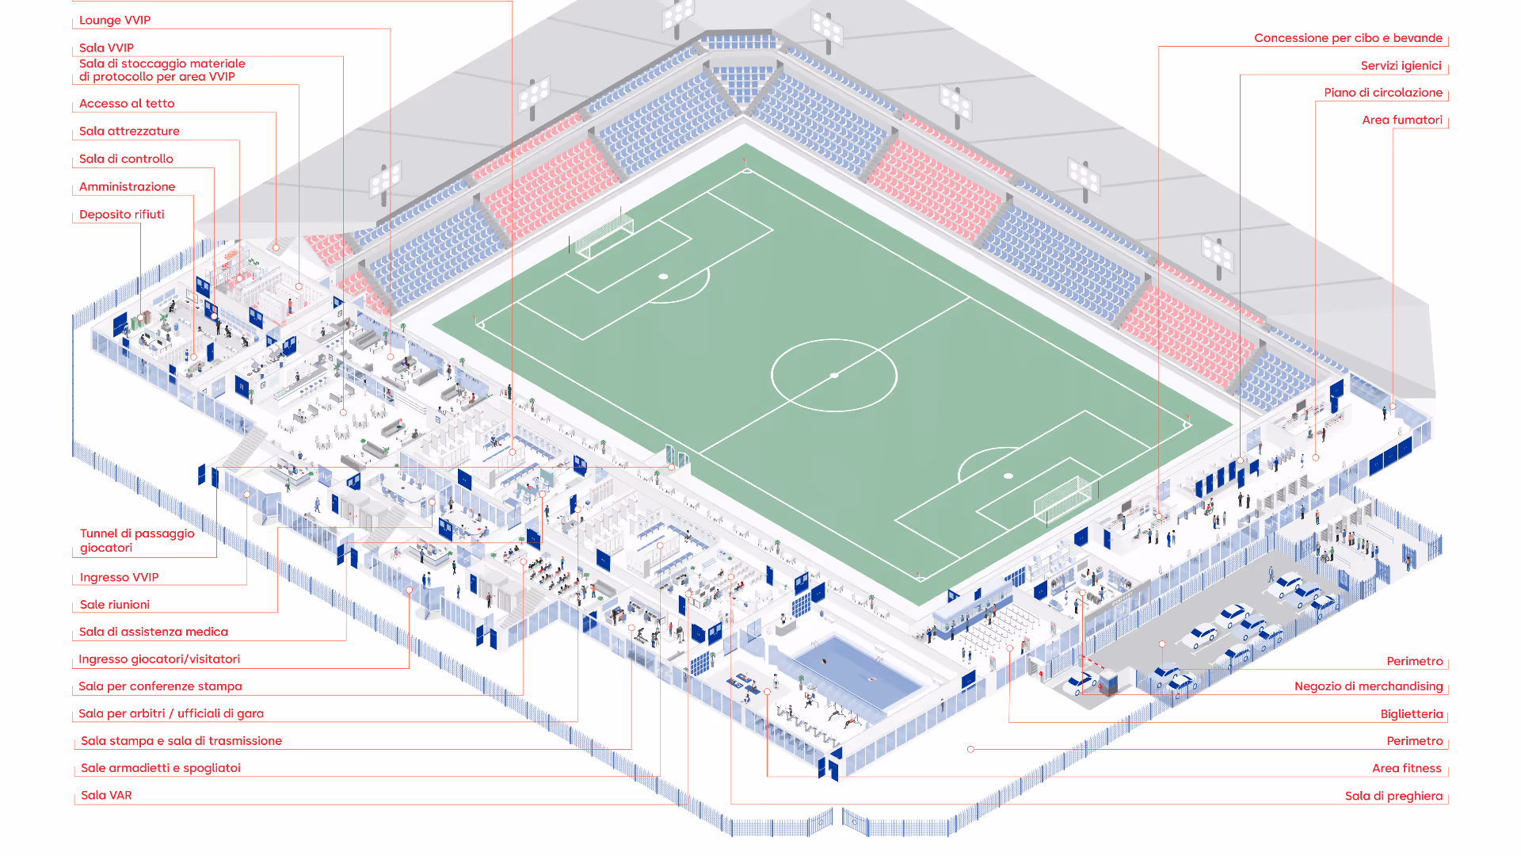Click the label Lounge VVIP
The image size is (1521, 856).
[x=115, y=21]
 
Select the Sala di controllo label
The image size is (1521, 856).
[x=126, y=159]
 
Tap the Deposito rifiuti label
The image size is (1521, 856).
[x=122, y=215]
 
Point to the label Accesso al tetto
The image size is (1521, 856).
[x=127, y=104]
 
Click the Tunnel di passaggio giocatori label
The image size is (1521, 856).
[x=137, y=541]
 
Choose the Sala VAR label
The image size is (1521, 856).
[x=106, y=796]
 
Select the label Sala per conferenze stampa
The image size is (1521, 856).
[x=160, y=687]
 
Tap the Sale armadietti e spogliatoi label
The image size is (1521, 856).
[x=161, y=768]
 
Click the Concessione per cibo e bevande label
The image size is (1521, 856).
[x=1348, y=38]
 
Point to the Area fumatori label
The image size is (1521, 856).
[x=1402, y=120]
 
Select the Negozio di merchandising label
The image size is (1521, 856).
[x=1369, y=686]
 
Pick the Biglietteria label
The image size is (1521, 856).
[x=1412, y=714]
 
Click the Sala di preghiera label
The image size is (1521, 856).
[x=1394, y=797]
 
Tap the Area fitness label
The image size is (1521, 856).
[x=1407, y=769]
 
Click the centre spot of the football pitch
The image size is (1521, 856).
[x=834, y=376]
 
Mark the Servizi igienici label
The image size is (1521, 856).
[x=1401, y=66]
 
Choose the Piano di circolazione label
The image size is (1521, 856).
[x=1383, y=93]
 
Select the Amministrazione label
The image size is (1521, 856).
[x=128, y=187]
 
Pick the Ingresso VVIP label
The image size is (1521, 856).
[x=120, y=578]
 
